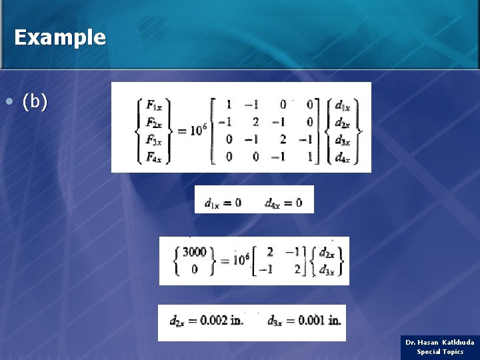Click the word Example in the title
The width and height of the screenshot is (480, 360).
pos(59,37)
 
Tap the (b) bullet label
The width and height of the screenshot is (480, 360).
pos(35,102)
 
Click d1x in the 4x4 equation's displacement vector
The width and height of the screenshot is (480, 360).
pos(343,105)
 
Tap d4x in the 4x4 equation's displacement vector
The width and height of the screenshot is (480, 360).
pos(343,157)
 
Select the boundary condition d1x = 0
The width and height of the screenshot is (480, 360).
pos(223,202)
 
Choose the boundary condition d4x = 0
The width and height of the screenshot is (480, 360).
pos(283,202)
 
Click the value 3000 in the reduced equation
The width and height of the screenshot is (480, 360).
pos(195,252)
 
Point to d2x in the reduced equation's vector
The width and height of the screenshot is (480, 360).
pos(327,253)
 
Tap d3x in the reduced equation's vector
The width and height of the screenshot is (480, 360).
pos(327,269)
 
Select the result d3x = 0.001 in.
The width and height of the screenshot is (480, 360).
pos(304,321)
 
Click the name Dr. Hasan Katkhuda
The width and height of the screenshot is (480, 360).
pos(440,342)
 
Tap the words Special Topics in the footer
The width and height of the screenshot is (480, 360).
pos(440,352)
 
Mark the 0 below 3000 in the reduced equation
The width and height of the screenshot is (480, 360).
pos(195,269)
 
